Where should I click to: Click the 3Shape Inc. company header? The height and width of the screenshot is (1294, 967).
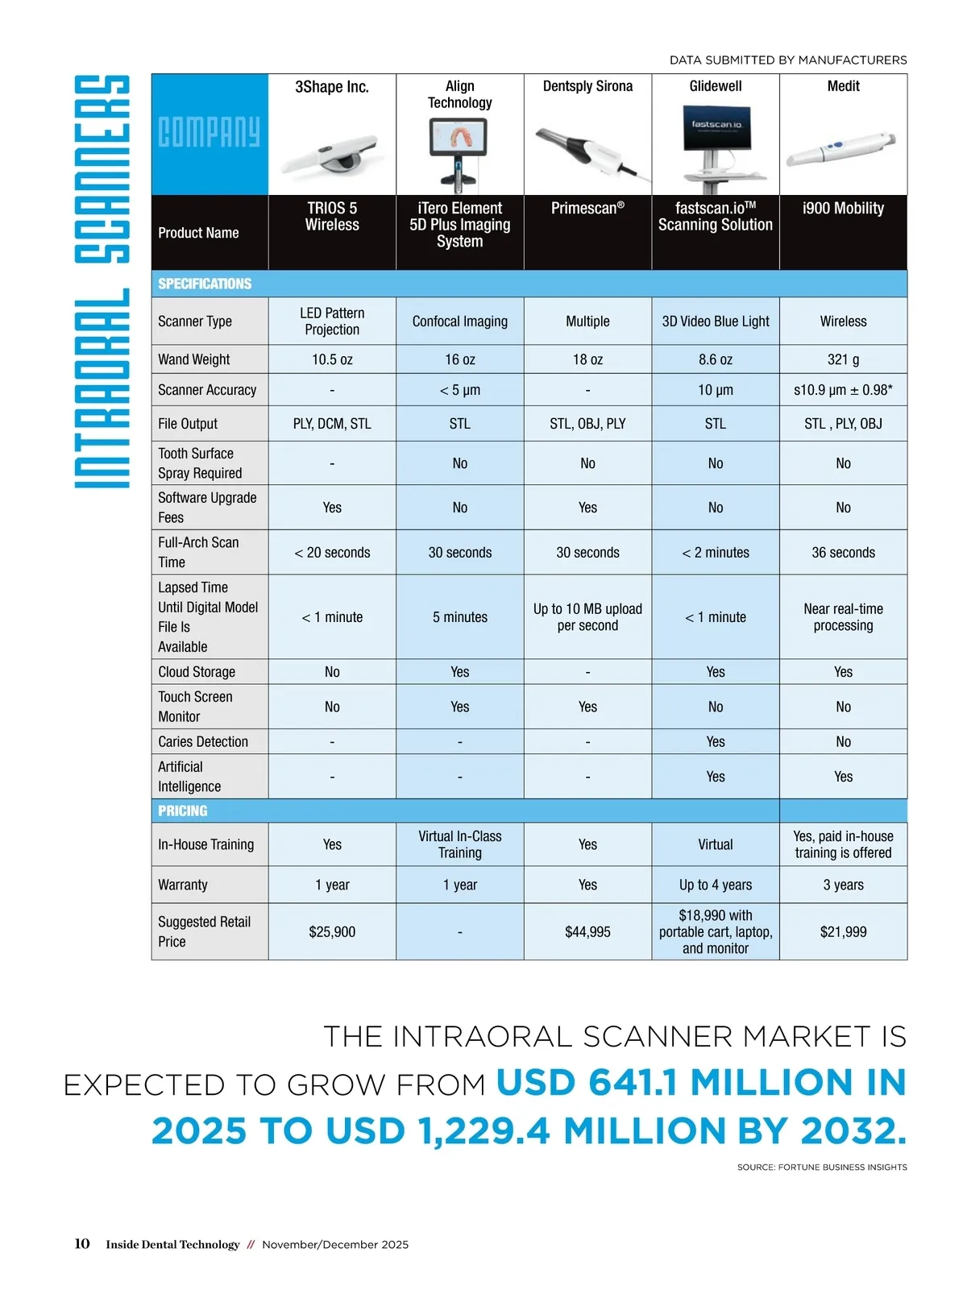click(x=332, y=87)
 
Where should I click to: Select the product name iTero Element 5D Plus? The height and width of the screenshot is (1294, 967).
click(x=459, y=225)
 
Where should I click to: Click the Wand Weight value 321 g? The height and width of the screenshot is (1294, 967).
click(x=843, y=359)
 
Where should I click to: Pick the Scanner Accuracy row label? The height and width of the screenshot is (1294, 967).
click(x=207, y=390)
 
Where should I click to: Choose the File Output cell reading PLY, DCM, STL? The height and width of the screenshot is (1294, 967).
click(x=332, y=424)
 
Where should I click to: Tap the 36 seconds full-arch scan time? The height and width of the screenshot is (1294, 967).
click(x=843, y=553)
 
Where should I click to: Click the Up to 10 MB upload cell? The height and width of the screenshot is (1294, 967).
click(x=587, y=617)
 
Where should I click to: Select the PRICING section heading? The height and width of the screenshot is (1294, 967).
click(x=183, y=811)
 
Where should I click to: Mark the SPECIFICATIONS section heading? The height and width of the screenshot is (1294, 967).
click(x=205, y=284)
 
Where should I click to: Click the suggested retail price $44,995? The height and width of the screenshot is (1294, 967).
click(x=587, y=932)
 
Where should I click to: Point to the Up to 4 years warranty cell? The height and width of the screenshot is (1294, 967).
click(x=716, y=885)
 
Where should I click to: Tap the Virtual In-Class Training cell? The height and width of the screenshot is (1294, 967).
click(x=459, y=844)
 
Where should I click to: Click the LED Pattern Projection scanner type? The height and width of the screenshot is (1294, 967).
click(x=332, y=321)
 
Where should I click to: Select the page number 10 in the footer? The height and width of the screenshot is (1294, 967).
click(x=82, y=1244)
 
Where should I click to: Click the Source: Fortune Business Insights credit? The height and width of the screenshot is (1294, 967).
click(x=821, y=1167)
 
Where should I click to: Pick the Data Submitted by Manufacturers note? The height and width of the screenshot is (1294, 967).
click(x=788, y=60)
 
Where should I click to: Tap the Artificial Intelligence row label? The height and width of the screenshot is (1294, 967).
click(x=189, y=777)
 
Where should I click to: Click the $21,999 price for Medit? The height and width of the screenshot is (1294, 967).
click(x=843, y=932)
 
